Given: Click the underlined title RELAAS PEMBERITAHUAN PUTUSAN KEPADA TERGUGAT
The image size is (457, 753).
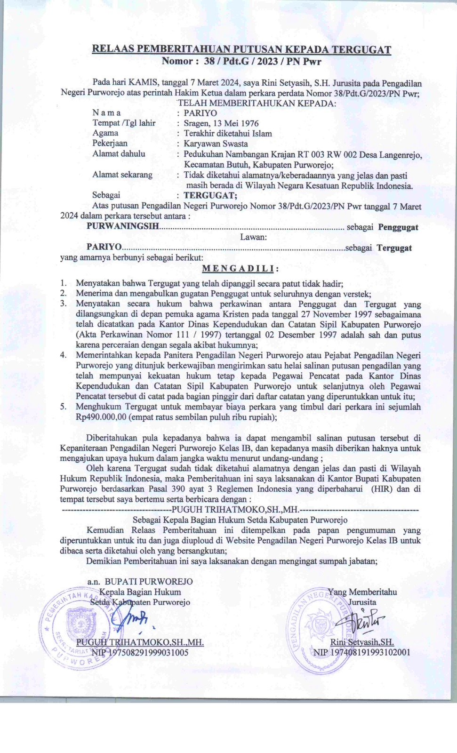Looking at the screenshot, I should (241, 49).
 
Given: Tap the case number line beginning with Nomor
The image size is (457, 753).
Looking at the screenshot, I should (241, 61).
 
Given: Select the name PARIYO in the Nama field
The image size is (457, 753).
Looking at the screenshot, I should (200, 113).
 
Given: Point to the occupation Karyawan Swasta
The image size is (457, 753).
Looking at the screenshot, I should (216, 144).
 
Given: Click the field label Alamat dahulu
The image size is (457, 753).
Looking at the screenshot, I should (119, 154).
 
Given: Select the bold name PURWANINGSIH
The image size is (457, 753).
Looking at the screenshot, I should (123, 227).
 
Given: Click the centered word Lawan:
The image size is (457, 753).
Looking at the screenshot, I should (253, 237).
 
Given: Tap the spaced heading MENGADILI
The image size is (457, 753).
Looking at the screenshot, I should (240, 269).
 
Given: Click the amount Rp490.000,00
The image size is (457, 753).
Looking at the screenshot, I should (101, 417).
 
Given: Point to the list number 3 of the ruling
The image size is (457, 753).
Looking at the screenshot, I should (63, 304).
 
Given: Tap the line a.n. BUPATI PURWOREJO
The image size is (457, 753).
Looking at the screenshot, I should (140, 582).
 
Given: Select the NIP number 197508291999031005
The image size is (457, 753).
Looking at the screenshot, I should (140, 652).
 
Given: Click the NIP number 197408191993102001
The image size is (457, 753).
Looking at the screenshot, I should (361, 652).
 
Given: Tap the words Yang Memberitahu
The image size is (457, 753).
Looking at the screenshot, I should (362, 592).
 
